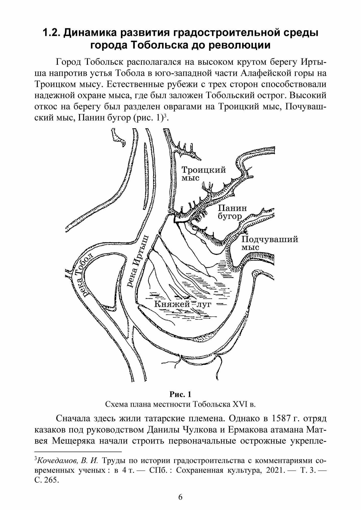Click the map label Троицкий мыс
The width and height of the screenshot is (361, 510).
click(203, 173)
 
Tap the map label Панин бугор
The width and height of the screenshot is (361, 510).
click(232, 212)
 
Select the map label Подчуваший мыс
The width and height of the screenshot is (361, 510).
click(269, 243)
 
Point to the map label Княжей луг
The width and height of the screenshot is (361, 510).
click(183, 304)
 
